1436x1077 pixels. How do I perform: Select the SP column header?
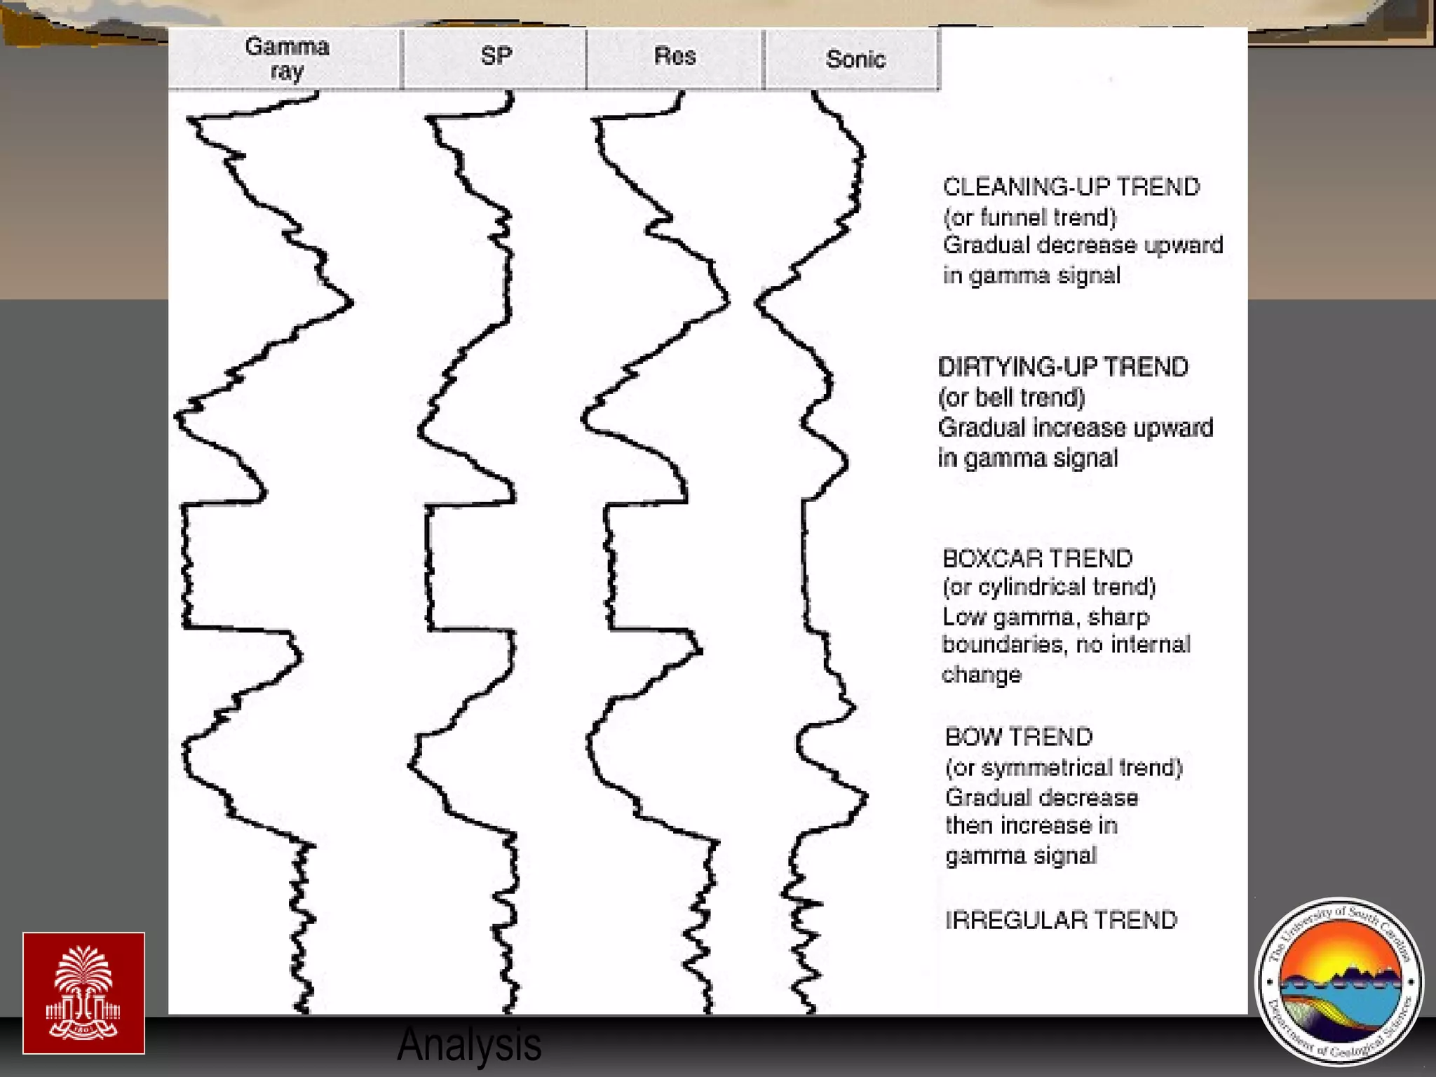click(495, 56)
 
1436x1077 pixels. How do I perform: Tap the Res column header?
click(675, 56)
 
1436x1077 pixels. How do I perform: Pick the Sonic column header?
click(854, 60)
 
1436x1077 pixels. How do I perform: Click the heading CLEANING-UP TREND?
click(1071, 187)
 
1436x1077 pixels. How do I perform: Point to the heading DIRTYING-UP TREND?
click(1062, 367)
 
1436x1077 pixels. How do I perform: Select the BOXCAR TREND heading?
click(1037, 559)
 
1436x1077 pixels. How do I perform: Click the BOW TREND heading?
click(1018, 737)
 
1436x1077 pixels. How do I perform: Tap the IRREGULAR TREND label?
click(1060, 920)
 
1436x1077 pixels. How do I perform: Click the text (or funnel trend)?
click(1029, 217)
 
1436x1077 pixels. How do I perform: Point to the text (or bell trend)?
click(1011, 398)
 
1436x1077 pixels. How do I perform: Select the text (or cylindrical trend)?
click(1048, 587)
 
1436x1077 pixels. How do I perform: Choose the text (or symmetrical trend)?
click(1063, 768)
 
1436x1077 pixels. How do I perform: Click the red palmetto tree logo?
click(83, 993)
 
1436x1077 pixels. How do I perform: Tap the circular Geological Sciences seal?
click(1339, 982)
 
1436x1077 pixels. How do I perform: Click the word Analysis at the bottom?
click(468, 1045)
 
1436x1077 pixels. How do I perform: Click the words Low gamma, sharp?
click(1045, 617)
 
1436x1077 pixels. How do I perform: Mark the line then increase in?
click(1031, 826)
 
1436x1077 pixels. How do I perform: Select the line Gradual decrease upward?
click(1082, 245)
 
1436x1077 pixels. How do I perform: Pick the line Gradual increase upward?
click(1075, 428)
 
